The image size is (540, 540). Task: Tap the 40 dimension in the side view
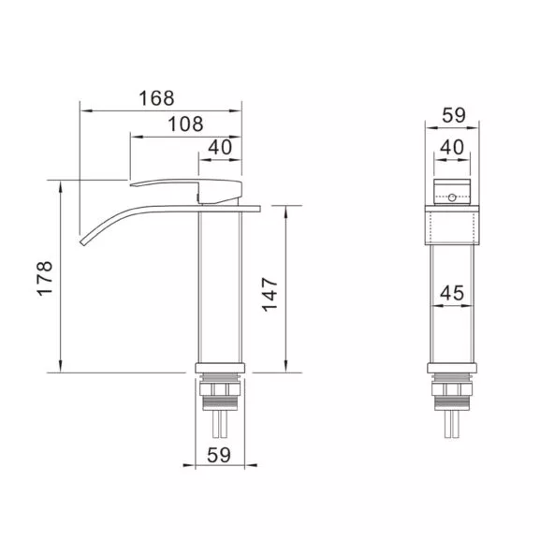click(221, 147)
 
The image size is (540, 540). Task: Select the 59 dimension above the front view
click(453, 115)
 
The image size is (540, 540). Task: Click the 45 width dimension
click(453, 293)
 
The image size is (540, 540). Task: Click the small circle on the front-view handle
click(453, 198)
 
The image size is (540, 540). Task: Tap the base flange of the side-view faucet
click(222, 367)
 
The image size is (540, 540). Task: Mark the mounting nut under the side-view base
click(222, 391)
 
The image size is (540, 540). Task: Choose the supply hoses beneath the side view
click(222, 426)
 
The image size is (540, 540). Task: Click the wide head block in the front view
click(453, 225)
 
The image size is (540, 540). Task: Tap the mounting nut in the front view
click(453, 391)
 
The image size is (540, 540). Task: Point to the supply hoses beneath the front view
click(453, 426)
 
